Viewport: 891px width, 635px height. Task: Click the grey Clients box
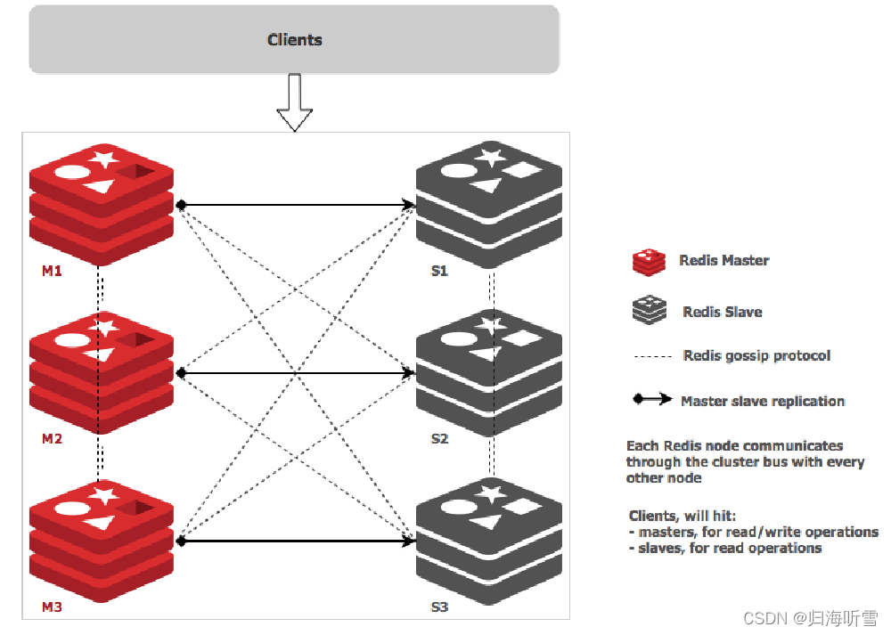[x=294, y=40]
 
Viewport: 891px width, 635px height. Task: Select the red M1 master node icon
[x=102, y=203]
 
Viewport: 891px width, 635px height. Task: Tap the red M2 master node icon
[x=102, y=371]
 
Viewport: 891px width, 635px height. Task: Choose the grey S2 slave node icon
[x=489, y=371]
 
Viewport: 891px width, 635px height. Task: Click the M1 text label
[x=52, y=271]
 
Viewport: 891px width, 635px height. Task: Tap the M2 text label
[x=52, y=439]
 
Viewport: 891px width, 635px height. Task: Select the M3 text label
[x=52, y=607]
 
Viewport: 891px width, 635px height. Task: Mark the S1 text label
[x=439, y=271]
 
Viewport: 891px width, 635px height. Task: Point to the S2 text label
[x=439, y=439]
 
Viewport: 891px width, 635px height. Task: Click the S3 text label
[x=439, y=607]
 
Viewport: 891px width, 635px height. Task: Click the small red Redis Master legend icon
[x=648, y=262]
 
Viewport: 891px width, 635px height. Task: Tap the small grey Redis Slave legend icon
[x=648, y=310]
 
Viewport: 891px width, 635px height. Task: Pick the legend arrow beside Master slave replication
[x=652, y=400]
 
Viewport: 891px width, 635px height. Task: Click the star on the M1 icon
[x=104, y=159]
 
